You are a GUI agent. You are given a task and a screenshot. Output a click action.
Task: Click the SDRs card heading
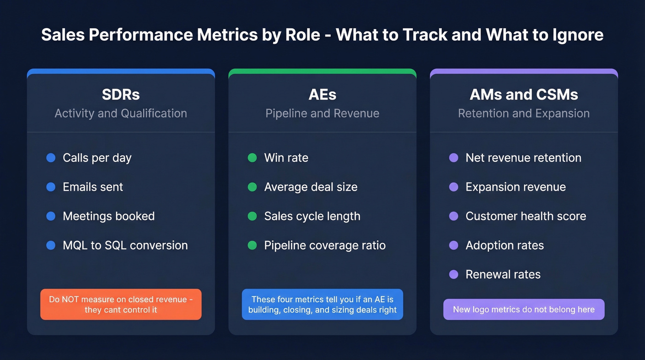tap(121, 94)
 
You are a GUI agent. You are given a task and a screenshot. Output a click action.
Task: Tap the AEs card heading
tap(322, 94)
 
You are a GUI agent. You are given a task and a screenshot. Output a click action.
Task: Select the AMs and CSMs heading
tap(524, 94)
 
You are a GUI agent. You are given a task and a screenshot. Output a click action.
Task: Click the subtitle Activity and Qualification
tap(121, 113)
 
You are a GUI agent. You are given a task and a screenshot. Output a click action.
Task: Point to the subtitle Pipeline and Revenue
tap(322, 113)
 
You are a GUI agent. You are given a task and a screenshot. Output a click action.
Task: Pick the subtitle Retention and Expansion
tap(524, 113)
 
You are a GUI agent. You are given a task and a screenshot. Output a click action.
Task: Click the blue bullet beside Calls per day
tap(51, 158)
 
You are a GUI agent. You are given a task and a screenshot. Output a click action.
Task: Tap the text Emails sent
tap(93, 187)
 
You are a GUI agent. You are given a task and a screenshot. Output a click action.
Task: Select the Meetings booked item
tap(109, 216)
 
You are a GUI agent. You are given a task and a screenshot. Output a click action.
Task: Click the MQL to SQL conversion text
tap(125, 245)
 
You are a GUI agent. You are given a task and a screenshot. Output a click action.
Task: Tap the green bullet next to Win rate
tap(252, 158)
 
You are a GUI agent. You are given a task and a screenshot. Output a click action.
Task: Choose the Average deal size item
tap(311, 187)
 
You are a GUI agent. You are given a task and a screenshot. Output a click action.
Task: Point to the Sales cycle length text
tap(312, 216)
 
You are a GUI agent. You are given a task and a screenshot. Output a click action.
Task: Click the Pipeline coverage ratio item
tap(325, 245)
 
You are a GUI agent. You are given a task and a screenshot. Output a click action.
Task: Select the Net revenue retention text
tap(523, 158)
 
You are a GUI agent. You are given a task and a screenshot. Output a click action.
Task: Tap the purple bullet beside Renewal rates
tap(453, 274)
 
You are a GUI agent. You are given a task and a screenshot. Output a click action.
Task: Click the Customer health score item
tap(526, 216)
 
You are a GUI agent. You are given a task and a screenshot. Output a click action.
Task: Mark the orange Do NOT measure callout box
tap(121, 304)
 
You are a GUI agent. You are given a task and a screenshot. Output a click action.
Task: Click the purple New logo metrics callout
tap(524, 309)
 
